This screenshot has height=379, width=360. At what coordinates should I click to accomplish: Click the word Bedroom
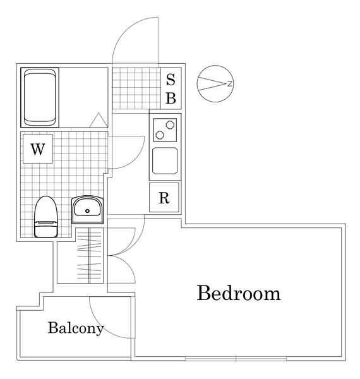(x=239, y=293)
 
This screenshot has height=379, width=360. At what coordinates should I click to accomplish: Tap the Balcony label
(x=76, y=328)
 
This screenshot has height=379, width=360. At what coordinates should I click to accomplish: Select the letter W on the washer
(x=38, y=149)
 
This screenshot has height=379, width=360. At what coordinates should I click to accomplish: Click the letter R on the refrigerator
(x=164, y=198)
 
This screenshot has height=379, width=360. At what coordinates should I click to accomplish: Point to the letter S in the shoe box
(x=171, y=80)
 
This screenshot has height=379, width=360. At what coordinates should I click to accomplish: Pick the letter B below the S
(x=171, y=99)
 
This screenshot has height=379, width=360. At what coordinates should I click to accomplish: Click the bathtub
(x=40, y=97)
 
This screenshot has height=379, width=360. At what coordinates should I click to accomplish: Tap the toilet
(x=46, y=217)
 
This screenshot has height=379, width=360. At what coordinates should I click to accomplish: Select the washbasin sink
(x=87, y=210)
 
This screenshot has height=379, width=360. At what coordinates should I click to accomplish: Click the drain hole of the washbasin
(x=87, y=211)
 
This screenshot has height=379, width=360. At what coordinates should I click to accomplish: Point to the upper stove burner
(x=170, y=124)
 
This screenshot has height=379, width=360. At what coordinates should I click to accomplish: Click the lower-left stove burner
(x=160, y=135)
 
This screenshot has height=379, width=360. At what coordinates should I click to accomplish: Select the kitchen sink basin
(x=165, y=160)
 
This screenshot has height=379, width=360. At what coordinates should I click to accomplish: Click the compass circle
(x=215, y=83)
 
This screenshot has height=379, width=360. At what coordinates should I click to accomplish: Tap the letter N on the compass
(x=230, y=84)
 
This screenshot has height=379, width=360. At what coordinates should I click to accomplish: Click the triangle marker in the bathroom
(x=99, y=120)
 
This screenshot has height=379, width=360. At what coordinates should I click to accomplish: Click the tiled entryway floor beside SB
(x=136, y=88)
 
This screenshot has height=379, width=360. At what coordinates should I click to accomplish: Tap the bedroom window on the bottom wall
(x=236, y=359)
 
